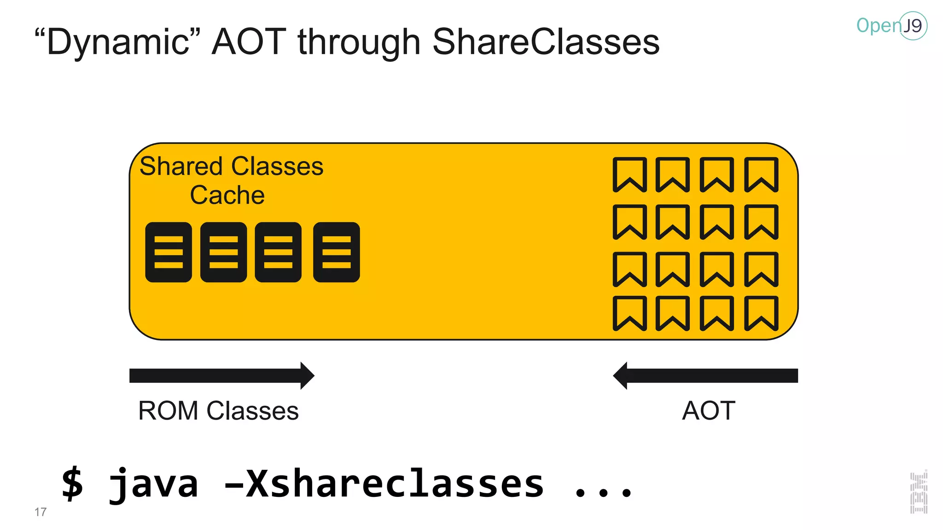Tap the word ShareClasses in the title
coord(546,42)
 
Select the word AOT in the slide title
coord(249,42)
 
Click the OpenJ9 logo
coord(891,26)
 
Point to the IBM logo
coord(919,492)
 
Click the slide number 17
coord(41,512)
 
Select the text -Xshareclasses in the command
coord(384,484)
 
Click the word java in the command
coord(153,484)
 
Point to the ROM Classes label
coord(218,411)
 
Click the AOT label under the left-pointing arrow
coord(708,411)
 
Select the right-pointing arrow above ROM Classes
coord(221,375)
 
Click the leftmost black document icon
coord(169,252)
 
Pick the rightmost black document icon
coord(336,252)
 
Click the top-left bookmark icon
coord(629,174)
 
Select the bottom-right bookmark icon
coord(762,313)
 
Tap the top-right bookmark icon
coord(762,174)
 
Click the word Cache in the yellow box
coord(227,195)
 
